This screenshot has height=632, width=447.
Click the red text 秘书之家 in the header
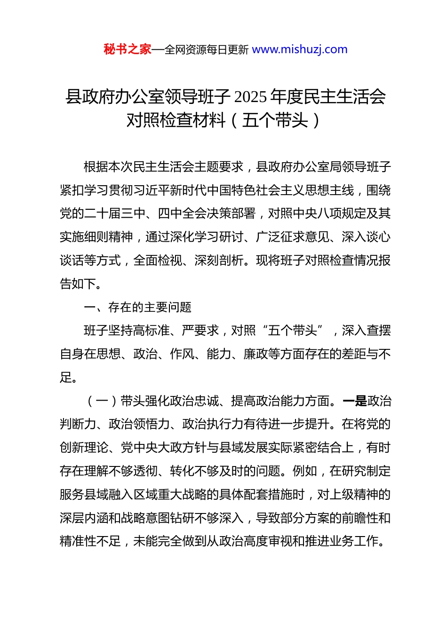(128, 49)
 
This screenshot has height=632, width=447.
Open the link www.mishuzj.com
(300, 49)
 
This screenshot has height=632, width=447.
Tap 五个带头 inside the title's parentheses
(275, 120)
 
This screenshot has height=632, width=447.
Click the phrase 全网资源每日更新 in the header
(207, 50)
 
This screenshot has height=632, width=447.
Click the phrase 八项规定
(342, 213)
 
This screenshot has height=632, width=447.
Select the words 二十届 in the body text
(103, 213)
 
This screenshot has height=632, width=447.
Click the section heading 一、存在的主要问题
(137, 307)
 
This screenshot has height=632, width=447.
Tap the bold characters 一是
(355, 401)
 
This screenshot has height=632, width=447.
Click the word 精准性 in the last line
(78, 541)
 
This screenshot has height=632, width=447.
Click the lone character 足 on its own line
(66, 377)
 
